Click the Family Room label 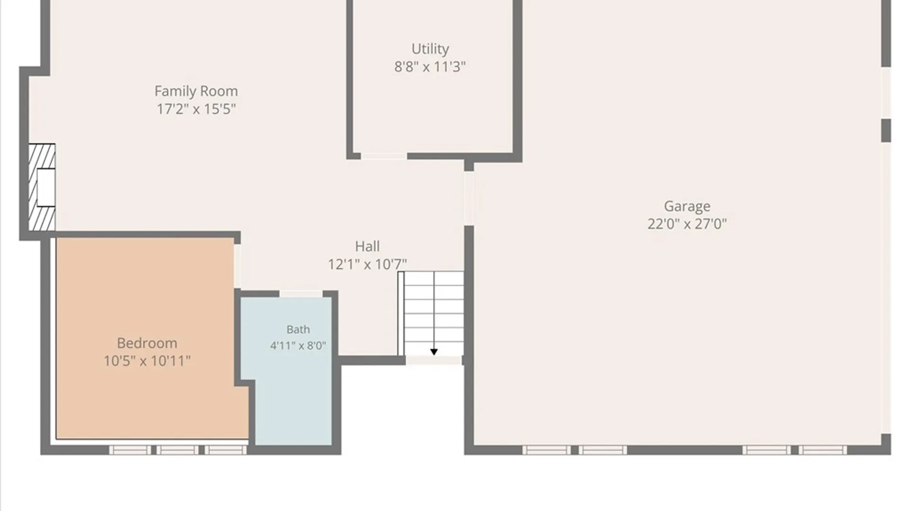pos(196,91)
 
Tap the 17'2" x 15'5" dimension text pos(196,109)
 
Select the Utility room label pos(430,49)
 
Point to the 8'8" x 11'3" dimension pos(430,67)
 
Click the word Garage pos(687,207)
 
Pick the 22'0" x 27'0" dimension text pos(687,224)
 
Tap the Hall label pos(367,247)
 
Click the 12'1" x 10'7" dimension pos(367,264)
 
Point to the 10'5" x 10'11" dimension pos(147,361)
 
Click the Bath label pos(298,329)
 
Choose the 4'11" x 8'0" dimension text pos(298,346)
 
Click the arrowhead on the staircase pos(434,352)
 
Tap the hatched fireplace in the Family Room pos(42,187)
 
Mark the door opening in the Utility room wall pos(384,156)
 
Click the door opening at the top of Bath pos(301,294)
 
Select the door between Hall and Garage pos(469,198)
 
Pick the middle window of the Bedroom pos(178,450)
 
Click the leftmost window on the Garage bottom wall pos(547,450)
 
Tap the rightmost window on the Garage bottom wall pos(823,450)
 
